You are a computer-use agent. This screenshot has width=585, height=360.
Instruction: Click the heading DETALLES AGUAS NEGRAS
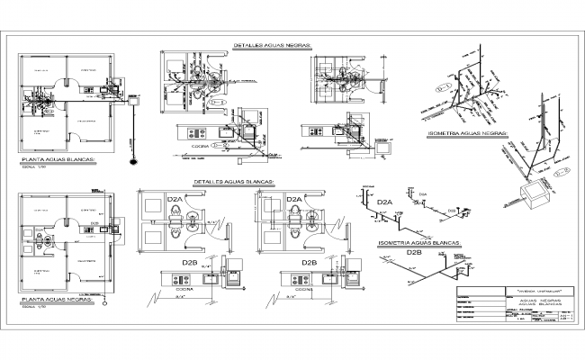click(x=272, y=43)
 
